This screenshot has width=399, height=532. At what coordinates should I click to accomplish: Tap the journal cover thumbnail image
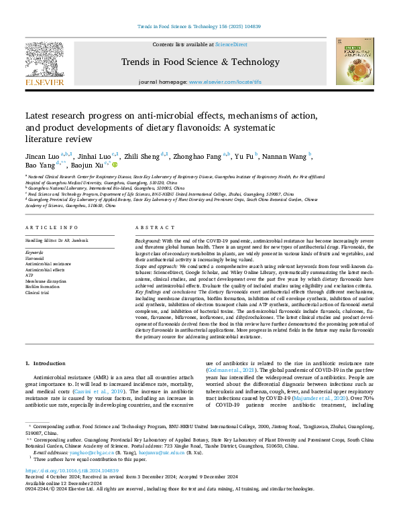click(x=355, y=61)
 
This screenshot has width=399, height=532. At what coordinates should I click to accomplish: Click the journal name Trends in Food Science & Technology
click(x=199, y=62)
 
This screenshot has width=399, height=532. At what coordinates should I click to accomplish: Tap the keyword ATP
click(x=30, y=274)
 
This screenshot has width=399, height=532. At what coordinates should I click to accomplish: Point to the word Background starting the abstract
click(x=148, y=240)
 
